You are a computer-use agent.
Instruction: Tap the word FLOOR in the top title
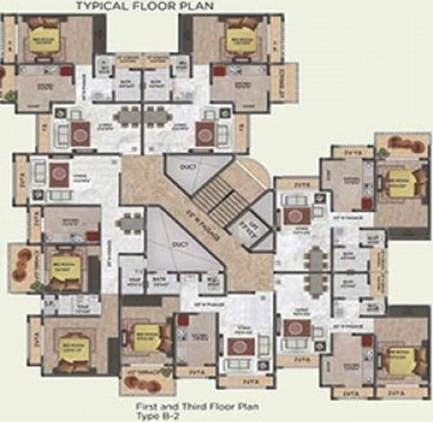pos(153,7)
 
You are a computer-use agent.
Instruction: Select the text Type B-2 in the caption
pos(206,412)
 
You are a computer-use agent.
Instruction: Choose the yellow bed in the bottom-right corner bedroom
pos(395,356)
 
